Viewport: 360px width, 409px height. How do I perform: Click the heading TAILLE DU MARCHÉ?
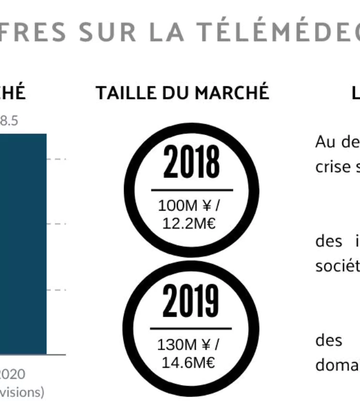(x=182, y=92)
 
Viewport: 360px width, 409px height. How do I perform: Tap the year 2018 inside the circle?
(x=191, y=162)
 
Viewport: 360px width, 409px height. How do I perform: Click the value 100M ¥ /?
(x=189, y=206)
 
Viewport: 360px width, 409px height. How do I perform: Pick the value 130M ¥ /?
(x=188, y=345)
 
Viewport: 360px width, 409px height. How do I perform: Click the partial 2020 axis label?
(x=12, y=374)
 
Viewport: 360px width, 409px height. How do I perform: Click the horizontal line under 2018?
(x=191, y=190)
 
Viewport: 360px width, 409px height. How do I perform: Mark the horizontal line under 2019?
(x=191, y=329)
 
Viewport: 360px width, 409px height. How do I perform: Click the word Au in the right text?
(x=323, y=141)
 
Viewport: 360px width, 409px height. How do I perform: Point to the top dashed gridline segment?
(x=57, y=159)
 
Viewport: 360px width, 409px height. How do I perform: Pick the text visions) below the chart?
(x=22, y=391)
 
